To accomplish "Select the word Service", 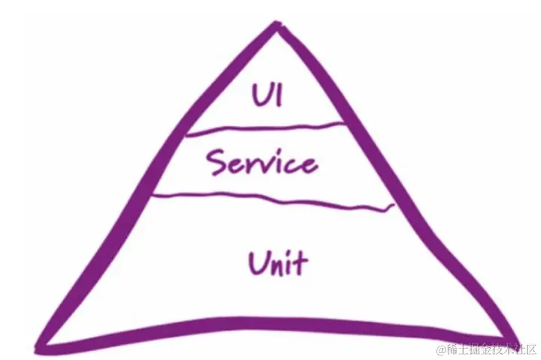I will [x=261, y=162].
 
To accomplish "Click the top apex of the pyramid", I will [x=280, y=27].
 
